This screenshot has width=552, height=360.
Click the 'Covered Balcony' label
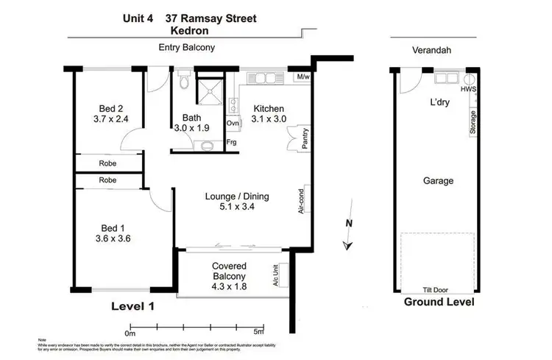pos(229,266)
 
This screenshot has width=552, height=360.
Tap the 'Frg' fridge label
pos(232,141)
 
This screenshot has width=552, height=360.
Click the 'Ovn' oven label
pos(233,123)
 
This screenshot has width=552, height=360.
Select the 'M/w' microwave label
pos(302,77)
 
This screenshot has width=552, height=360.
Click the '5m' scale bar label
pos(258,331)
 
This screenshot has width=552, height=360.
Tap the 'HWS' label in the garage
pos(467,89)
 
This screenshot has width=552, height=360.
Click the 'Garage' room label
pos(438,180)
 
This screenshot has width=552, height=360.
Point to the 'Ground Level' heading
pos(438,303)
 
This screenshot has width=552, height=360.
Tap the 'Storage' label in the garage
pos(472,122)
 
